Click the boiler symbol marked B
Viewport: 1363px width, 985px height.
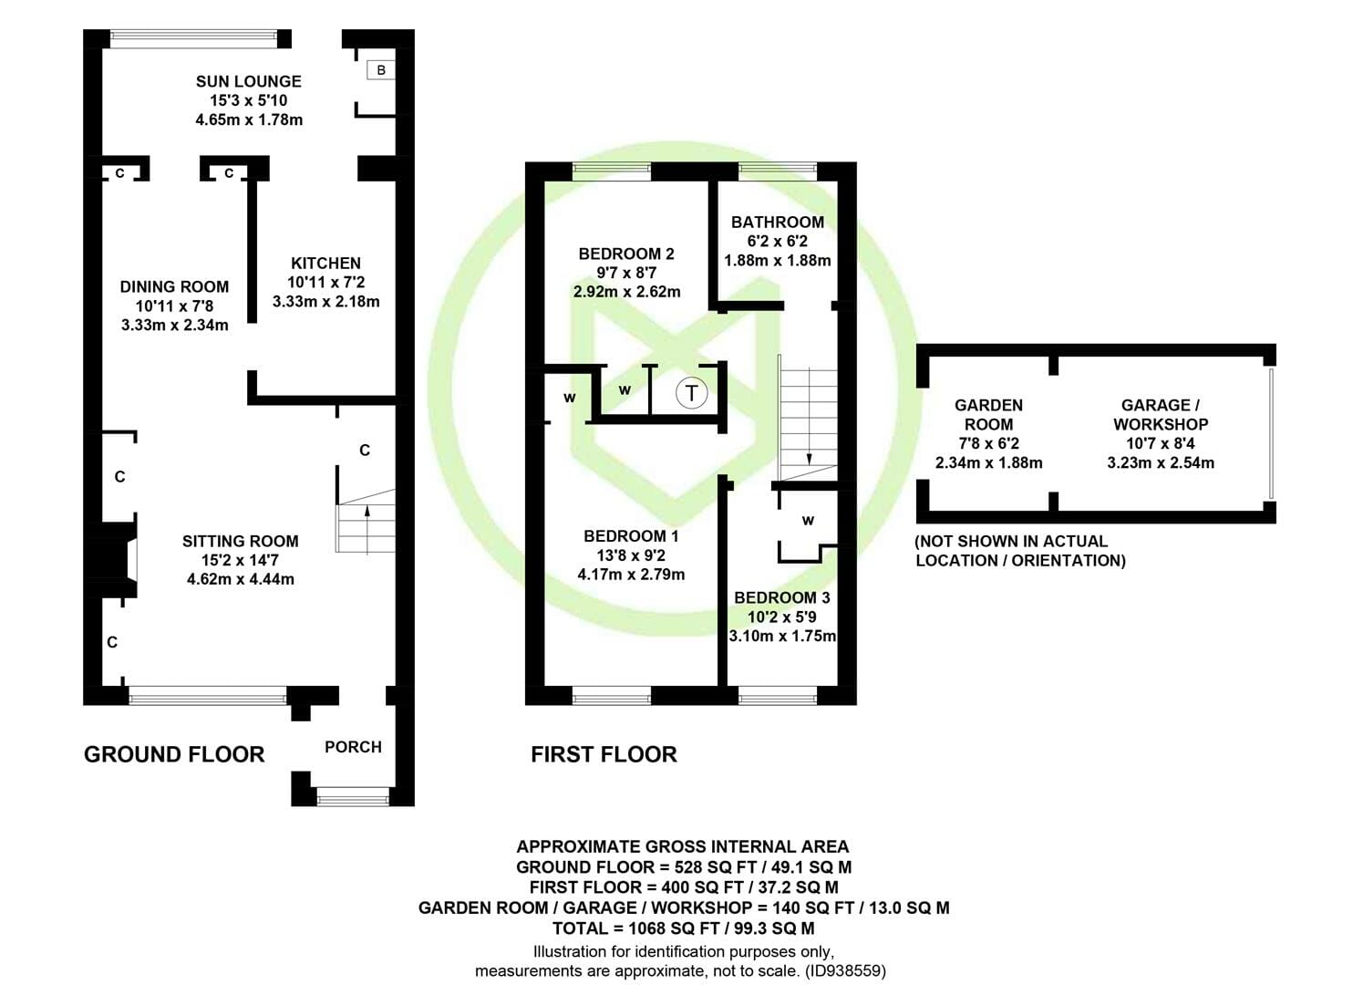(381, 70)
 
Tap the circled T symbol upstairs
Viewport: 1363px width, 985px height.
(691, 393)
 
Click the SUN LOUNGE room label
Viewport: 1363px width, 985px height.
(248, 81)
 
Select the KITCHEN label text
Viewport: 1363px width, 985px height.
(325, 263)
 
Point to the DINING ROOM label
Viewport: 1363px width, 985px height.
(175, 286)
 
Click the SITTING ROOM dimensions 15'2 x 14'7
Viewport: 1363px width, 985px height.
(241, 560)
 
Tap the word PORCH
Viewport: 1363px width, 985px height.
(353, 747)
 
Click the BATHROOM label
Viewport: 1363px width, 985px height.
(778, 223)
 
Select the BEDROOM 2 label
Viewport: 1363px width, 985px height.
(626, 254)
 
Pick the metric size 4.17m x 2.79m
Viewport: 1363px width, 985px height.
(631, 574)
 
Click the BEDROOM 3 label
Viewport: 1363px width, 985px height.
(782, 597)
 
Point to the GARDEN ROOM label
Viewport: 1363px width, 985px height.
(989, 415)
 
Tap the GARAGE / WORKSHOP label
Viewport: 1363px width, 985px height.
(1161, 415)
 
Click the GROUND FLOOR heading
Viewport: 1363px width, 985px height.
(174, 755)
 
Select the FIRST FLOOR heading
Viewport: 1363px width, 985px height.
(604, 755)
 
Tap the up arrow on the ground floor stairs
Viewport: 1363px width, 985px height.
(367, 530)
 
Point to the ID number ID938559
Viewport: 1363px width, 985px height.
(846, 970)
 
